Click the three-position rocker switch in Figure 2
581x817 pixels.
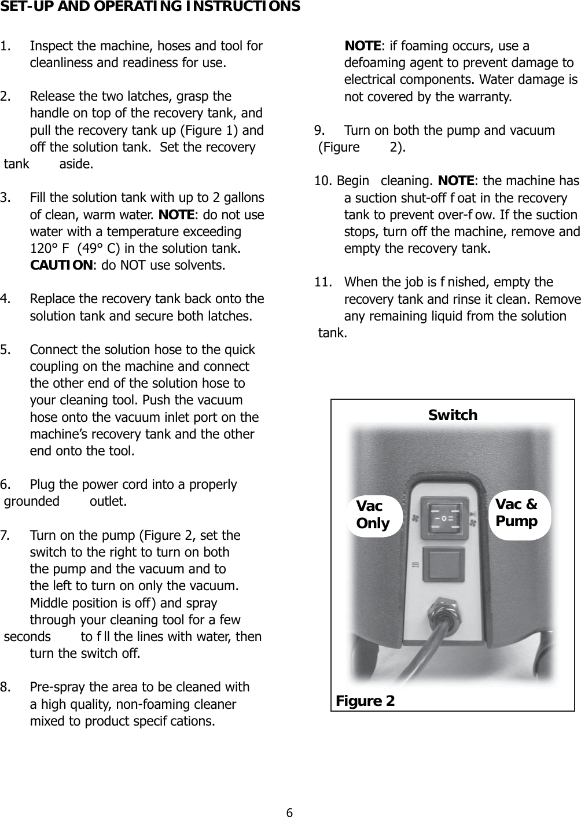coord(444,518)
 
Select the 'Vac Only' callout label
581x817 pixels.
coord(373,515)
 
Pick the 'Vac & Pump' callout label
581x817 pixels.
coord(517,513)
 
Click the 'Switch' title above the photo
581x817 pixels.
coord(453,415)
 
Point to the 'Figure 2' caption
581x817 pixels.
coord(366,701)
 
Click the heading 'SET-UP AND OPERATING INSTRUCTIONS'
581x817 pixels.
coord(150,7)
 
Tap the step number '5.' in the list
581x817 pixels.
coord(8,350)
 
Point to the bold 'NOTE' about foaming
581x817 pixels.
coord(363,46)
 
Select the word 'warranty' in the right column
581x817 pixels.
coord(484,97)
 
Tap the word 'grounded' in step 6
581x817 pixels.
coord(32,501)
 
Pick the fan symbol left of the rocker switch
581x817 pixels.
coord(414,517)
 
